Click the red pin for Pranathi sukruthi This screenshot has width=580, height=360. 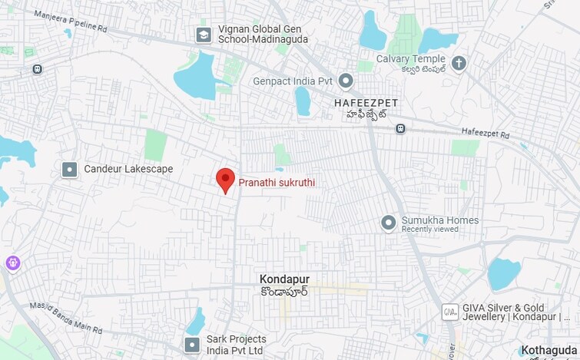pos(224,180)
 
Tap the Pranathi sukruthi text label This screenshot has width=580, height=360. pos(277,183)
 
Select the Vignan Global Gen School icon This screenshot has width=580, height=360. pos(204,35)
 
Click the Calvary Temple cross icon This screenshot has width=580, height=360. pos(459,63)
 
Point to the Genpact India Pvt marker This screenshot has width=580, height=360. pos(346,81)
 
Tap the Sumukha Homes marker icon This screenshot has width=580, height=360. pos(389,223)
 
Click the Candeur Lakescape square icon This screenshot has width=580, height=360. pos(70,169)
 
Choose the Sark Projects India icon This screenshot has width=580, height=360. pos(192,345)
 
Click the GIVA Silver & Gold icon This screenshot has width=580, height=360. pos(449,312)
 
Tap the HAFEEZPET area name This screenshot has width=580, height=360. pos(364,101)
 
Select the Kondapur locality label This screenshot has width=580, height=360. pos(284,279)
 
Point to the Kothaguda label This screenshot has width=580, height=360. pos(549,351)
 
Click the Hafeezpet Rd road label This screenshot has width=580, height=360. pos(486,133)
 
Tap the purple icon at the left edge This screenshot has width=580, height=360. pos(13,264)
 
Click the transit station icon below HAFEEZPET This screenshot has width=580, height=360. pos(400,128)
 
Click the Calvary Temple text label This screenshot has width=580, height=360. pos(411,59)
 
